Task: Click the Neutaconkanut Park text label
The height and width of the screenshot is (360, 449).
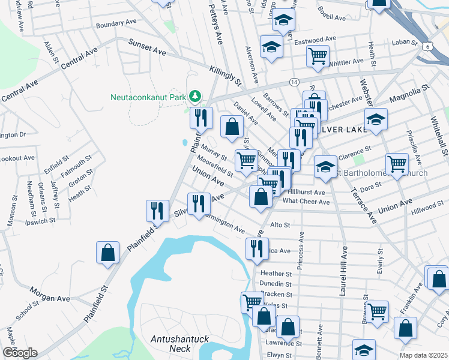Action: tap(148, 97)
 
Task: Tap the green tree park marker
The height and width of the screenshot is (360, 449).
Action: tap(194, 96)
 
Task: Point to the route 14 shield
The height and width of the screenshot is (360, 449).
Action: tap(294, 81)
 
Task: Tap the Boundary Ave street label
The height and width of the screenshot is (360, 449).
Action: tap(116, 23)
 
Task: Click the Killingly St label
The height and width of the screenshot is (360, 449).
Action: tap(225, 75)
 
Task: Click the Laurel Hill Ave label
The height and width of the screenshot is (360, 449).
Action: tap(343, 264)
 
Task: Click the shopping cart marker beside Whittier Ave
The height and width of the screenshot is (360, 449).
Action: tap(318, 56)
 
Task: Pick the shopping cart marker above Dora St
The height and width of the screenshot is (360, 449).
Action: tap(397, 163)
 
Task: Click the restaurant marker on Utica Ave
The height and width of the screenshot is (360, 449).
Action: tap(258, 248)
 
